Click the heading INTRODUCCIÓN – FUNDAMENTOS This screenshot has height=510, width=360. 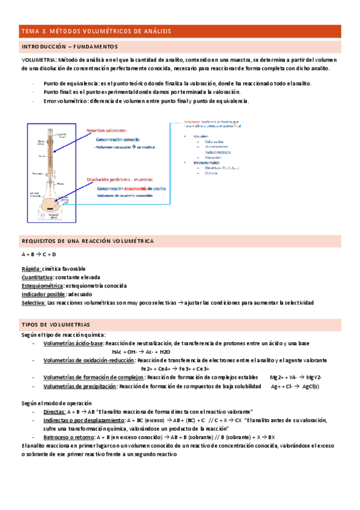tap(70, 46)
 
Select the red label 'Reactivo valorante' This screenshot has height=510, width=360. tap(106, 131)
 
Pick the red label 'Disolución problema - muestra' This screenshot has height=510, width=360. tap(120, 180)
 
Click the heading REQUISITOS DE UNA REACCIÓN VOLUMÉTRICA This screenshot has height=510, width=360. tap(87, 241)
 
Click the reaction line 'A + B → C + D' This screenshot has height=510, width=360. tap(38, 255)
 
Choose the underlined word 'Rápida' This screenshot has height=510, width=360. tap(31, 268)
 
